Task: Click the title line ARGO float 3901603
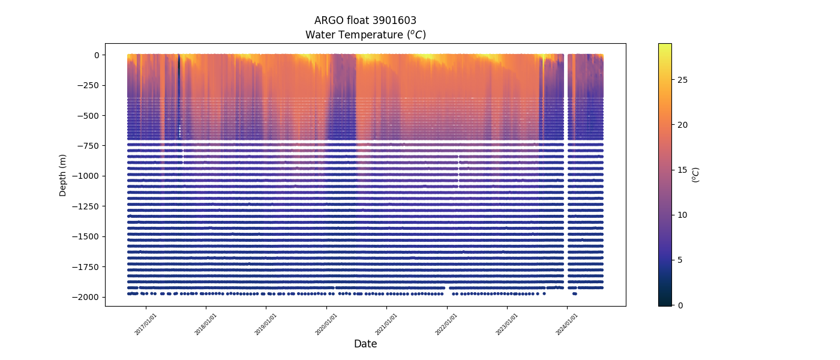pos(365,20)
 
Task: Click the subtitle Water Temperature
pos(365,35)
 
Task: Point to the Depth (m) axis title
pos(63,175)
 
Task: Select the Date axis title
pos(365,344)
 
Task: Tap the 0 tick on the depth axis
pos(96,55)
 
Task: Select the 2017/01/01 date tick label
pos(146,323)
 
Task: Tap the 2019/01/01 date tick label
pos(266,323)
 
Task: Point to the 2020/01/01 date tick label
pos(326,323)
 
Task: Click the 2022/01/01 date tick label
pos(447,323)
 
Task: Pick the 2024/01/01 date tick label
pos(567,323)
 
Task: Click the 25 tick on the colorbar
pos(682,80)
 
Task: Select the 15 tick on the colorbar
pos(682,170)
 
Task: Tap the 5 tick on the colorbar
pos(680,260)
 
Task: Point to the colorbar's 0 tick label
pos(680,305)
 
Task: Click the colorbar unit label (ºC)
pos(695,175)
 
